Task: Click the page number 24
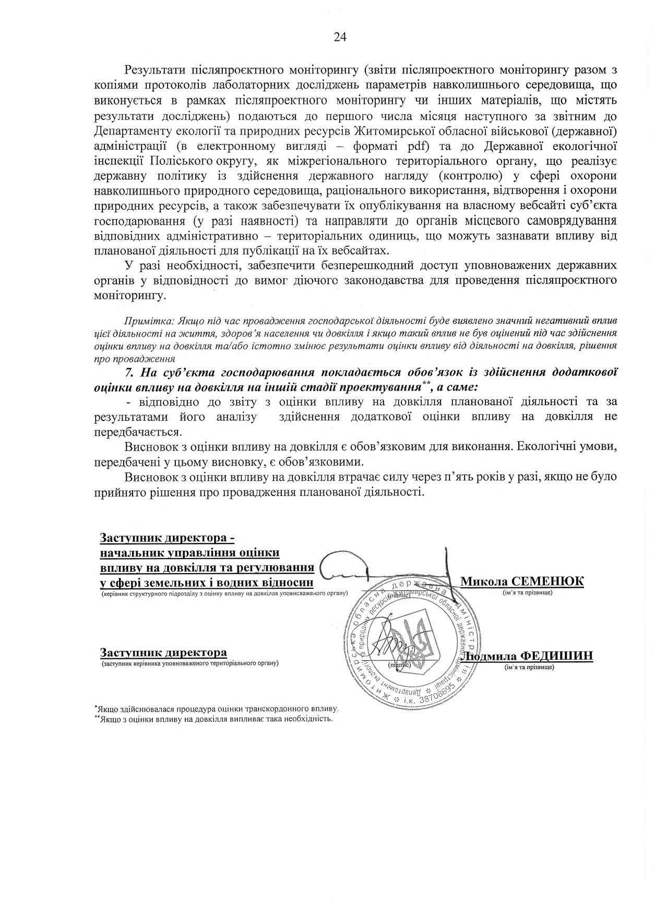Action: pyautogui.click(x=340, y=37)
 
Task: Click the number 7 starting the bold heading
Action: pyautogui.click(x=129, y=372)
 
